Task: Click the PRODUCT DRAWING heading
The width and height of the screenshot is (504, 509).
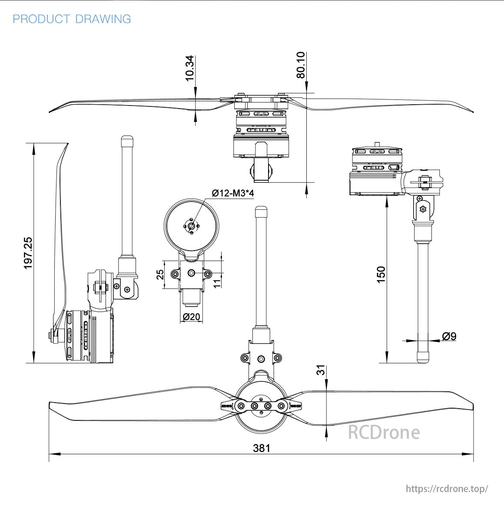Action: click(72, 19)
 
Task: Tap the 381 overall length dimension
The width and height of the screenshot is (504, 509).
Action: click(262, 448)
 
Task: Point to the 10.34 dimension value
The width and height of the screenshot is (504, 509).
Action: click(190, 68)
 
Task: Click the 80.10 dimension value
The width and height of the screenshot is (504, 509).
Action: click(301, 65)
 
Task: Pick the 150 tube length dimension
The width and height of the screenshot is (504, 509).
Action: click(381, 274)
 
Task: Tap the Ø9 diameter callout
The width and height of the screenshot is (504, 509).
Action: click(449, 336)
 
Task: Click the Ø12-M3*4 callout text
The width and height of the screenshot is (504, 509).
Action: click(232, 193)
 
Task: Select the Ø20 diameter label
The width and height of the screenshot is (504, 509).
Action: click(191, 317)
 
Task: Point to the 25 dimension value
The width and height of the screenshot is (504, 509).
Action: click(160, 274)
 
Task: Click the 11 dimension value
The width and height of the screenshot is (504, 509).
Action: click(217, 283)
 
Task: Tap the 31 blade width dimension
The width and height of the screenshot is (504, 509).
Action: click(320, 370)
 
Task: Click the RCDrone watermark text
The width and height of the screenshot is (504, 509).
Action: click(384, 432)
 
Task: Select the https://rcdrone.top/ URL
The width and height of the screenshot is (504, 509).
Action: click(447, 489)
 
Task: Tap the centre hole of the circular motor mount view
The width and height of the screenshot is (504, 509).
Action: click(192, 226)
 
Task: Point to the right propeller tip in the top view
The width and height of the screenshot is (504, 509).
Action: click(472, 112)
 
